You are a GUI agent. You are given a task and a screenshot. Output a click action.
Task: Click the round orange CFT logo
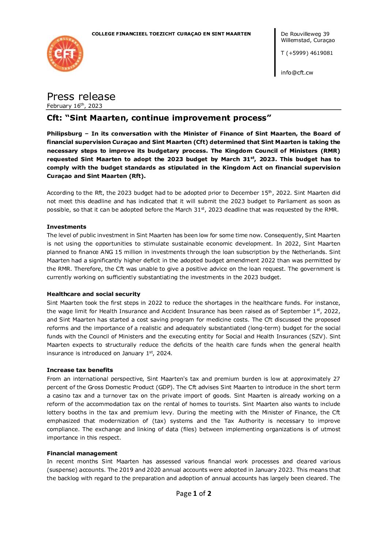[65, 54]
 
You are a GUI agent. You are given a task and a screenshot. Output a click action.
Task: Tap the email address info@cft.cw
[297, 73]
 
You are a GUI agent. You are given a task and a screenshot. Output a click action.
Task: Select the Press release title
[81, 96]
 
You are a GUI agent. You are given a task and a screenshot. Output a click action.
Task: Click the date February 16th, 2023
[74, 106]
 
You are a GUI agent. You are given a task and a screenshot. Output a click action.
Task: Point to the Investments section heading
[67, 227]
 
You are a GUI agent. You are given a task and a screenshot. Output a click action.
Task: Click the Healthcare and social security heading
[93, 294]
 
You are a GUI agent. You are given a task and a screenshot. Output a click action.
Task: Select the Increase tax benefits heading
[80, 370]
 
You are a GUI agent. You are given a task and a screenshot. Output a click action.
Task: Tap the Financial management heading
[82, 453]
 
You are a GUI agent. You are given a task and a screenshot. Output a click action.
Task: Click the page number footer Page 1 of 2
[193, 494]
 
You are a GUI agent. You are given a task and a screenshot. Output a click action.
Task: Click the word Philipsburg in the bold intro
[64, 134]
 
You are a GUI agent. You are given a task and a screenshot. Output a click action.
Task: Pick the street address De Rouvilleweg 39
[305, 34]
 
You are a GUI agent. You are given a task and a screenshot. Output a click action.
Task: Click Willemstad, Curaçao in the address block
[308, 40]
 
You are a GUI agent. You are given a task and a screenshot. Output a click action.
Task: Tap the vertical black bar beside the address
[275, 52]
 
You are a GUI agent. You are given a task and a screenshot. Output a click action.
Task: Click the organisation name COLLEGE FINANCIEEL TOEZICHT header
[171, 34]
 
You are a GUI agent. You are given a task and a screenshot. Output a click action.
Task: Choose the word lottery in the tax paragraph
[57, 413]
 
